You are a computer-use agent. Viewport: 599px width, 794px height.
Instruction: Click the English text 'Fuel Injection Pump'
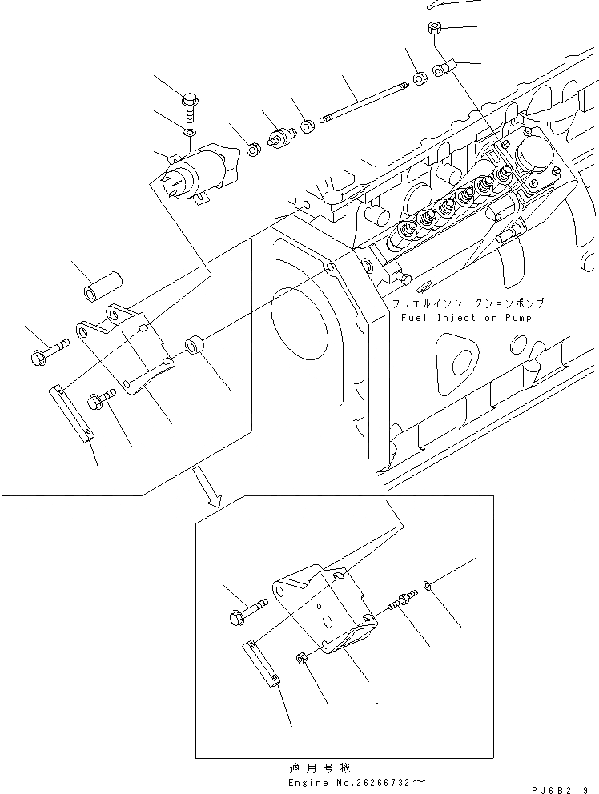[x=465, y=317]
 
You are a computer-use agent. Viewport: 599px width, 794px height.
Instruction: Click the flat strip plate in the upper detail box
[x=72, y=412]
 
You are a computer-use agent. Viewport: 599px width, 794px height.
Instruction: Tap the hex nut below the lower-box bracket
[x=302, y=659]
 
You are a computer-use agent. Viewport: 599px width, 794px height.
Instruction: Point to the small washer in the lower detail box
[x=431, y=589]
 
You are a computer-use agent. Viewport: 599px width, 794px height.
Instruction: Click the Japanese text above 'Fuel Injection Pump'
[x=468, y=304]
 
